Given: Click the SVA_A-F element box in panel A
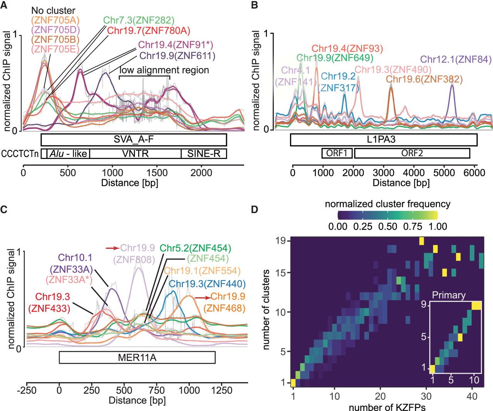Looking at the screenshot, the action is pos(134,140).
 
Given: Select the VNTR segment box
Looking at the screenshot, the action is pos(135,154).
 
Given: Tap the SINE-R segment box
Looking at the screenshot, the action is pos(204,154).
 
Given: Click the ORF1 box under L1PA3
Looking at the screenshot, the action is pos(337,153).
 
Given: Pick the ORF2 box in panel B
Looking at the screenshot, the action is pos(412,153).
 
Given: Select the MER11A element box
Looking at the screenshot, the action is pos(137,358).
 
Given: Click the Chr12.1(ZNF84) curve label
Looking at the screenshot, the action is pos(456,59).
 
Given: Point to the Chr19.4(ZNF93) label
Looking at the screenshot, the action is pos(347,48).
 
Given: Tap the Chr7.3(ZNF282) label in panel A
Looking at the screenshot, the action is pos(139,20).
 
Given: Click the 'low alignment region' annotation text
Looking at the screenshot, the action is pos(164,70).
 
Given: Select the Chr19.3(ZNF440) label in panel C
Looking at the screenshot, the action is pos(207,284).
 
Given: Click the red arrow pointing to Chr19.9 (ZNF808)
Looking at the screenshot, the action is pos(112,248).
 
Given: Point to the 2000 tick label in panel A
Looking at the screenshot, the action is pos(201,173).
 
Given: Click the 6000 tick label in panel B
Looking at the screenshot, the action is pos(474,173).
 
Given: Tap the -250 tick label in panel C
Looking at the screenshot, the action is pos(27,390).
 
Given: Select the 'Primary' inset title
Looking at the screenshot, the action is pos(449,295).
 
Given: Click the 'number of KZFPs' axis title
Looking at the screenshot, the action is pos(387,407).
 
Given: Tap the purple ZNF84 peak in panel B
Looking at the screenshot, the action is pos(452,86).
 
